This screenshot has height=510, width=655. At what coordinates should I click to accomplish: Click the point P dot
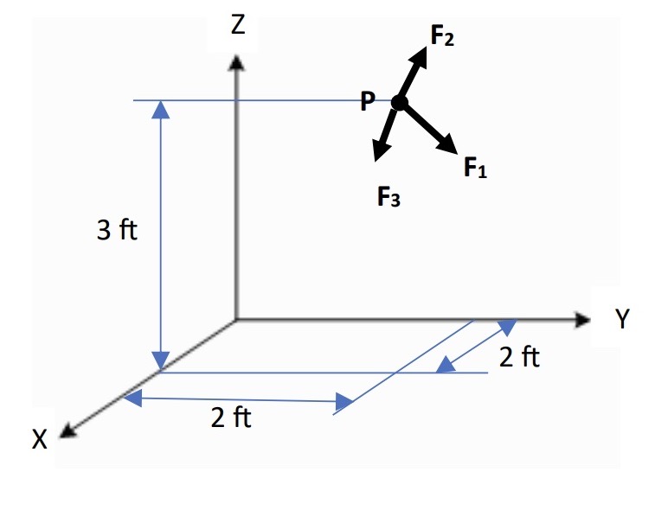[x=399, y=103]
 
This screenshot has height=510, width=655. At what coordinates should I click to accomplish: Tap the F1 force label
[x=475, y=167]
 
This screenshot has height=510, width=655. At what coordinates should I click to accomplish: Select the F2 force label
[x=442, y=36]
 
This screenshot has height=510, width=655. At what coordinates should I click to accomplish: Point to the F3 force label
[x=389, y=198]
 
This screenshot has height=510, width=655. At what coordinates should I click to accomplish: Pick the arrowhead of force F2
[x=421, y=54]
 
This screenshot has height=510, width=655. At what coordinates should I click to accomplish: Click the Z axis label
[x=238, y=26]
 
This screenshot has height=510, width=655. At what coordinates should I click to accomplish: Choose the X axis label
[x=40, y=439]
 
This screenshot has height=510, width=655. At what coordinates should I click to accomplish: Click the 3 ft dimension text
[x=117, y=232]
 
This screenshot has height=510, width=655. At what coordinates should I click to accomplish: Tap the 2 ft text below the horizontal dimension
[x=231, y=419]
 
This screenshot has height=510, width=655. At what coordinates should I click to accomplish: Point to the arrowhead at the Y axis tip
[x=581, y=319]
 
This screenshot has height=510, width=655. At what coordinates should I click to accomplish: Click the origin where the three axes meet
[x=236, y=320]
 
